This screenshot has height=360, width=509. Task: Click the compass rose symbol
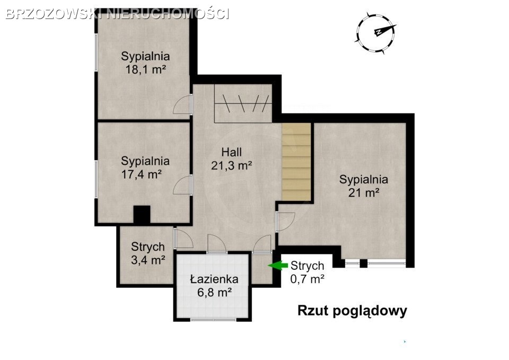click(376, 33)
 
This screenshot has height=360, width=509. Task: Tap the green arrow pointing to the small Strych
click(278, 266)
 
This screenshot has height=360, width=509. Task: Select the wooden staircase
click(296, 162)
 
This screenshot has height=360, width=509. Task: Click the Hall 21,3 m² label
click(232, 159)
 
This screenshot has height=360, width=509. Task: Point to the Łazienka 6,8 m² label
click(214, 286)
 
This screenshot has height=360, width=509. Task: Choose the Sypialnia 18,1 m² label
click(145, 63)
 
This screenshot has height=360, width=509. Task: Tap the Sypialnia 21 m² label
click(364, 186)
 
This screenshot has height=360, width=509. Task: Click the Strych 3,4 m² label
click(148, 253)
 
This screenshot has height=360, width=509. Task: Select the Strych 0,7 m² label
click(307, 272)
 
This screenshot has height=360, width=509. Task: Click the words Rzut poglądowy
click(352, 311)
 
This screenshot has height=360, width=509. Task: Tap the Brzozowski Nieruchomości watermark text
click(118, 14)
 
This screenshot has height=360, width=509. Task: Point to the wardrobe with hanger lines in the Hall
click(243, 103)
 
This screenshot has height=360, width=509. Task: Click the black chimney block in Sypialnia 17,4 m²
click(142, 214)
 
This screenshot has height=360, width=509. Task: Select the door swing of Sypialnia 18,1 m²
click(182, 104)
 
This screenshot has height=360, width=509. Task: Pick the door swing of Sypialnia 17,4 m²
click(182, 185)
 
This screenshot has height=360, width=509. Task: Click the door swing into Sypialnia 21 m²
click(285, 222)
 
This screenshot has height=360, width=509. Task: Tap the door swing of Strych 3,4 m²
click(184, 239)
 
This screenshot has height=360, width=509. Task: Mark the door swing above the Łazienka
click(217, 244)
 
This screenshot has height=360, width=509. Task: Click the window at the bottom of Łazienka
click(213, 319)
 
